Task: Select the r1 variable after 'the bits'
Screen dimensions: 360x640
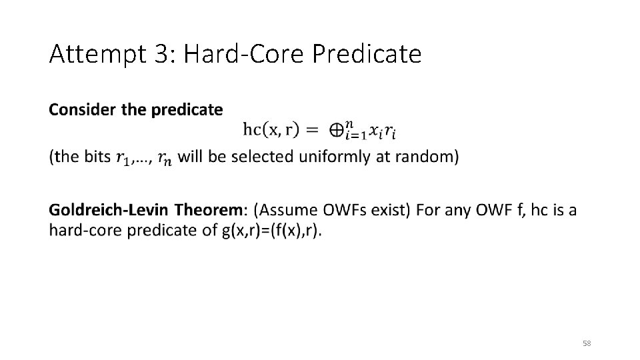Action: point(122,158)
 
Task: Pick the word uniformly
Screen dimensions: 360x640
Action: point(333,157)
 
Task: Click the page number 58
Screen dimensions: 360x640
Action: point(586,343)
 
